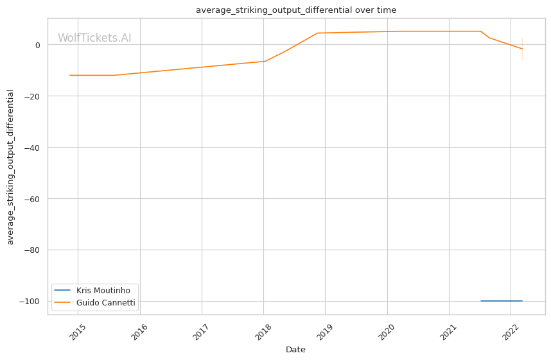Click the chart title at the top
296,10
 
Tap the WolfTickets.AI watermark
94,38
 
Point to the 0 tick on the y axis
38,45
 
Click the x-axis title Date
295,350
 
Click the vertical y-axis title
10,167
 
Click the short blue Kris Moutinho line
501,301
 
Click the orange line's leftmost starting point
70,75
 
